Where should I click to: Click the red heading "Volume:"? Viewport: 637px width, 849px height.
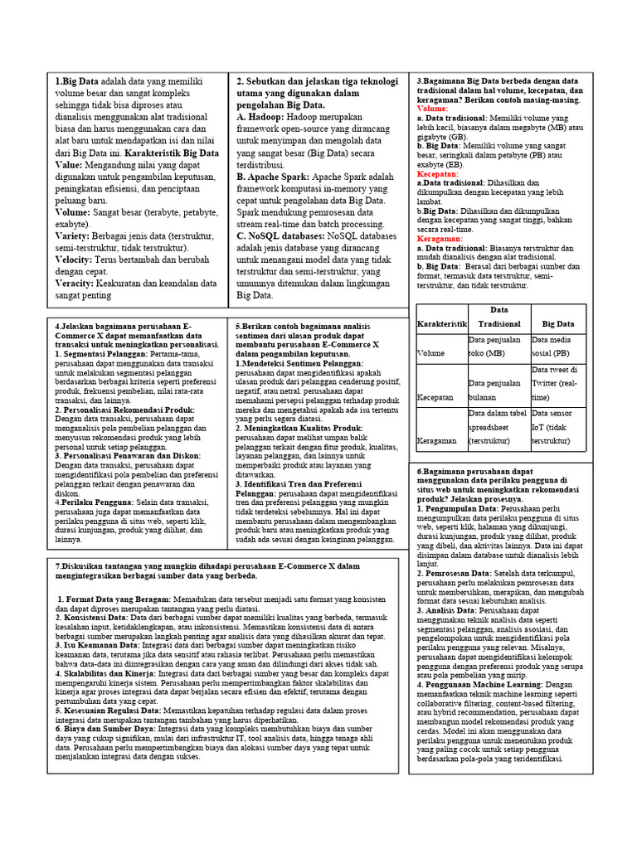tap(432, 109)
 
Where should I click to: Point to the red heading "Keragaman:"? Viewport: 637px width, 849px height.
tap(440, 238)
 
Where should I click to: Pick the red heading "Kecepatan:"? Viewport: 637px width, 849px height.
tap(438, 174)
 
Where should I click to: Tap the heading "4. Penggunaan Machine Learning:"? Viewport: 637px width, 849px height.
tap(481, 686)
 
